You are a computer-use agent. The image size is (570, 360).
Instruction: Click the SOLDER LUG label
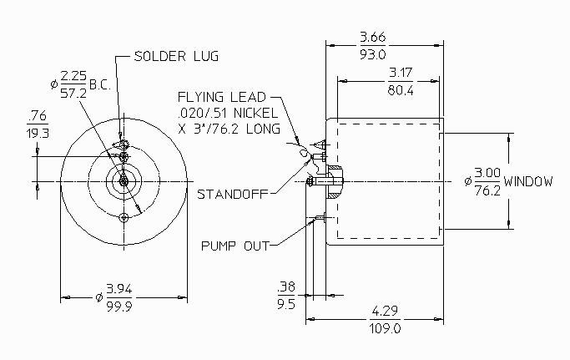[x=176, y=56]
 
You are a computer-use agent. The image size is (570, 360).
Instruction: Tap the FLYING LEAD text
[x=222, y=97]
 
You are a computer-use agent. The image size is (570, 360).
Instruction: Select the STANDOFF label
[x=232, y=194]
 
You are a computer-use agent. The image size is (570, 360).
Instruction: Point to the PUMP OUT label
[x=235, y=246]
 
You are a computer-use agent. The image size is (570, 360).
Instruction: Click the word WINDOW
[x=528, y=181]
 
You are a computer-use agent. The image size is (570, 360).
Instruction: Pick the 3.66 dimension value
[x=372, y=37]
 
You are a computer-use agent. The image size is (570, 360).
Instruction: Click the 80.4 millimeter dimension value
[x=401, y=90]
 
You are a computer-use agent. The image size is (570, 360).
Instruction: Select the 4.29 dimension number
[x=386, y=312]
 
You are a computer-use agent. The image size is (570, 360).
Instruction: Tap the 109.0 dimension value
[x=386, y=329]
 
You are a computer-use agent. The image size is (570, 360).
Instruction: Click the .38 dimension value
[x=286, y=286]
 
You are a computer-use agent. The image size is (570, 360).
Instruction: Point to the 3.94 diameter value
[x=119, y=289]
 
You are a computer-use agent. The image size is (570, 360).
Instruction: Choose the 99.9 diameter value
[x=119, y=307]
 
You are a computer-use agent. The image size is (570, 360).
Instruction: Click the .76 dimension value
[x=38, y=116]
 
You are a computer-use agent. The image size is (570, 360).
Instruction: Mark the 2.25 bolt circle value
[x=73, y=76]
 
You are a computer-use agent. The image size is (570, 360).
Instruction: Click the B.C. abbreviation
[x=100, y=85]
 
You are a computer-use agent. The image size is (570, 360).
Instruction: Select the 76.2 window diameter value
[x=487, y=190]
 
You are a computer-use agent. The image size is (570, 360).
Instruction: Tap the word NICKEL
[x=255, y=113]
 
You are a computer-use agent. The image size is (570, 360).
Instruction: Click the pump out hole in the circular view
[x=124, y=218]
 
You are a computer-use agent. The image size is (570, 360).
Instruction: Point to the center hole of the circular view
[x=124, y=181]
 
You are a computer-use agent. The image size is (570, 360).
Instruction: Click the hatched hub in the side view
[x=335, y=181]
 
